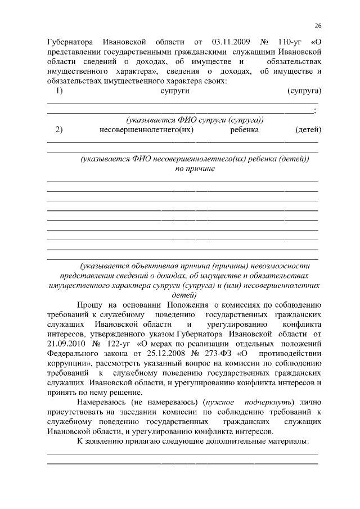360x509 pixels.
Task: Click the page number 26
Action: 318,26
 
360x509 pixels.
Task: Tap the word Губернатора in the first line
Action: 70,42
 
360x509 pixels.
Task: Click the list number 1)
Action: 59,91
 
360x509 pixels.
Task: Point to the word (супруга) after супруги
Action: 304,91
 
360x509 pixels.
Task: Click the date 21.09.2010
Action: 66,344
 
